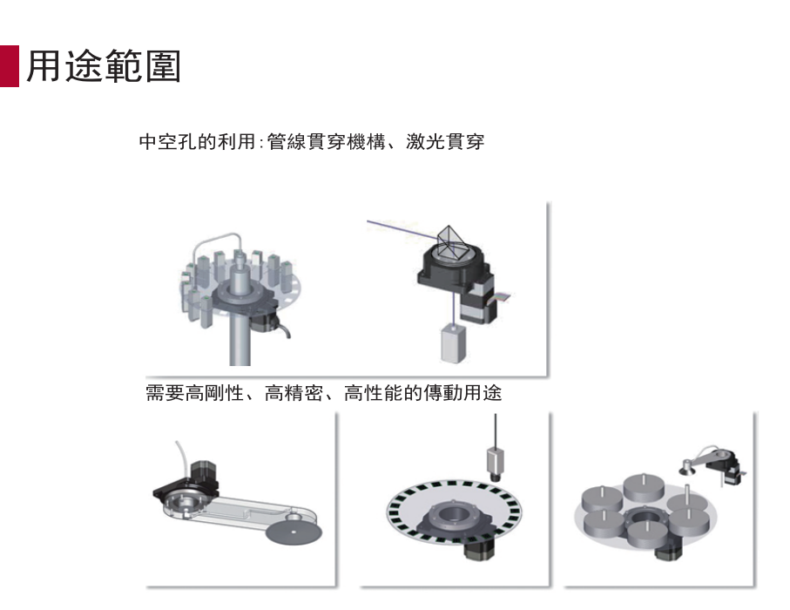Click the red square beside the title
coord(9,66)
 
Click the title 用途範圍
coord(104,66)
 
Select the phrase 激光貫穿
coord(445,142)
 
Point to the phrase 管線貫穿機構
coord(326,142)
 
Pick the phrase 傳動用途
coord(463,393)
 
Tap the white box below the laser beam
coord(452,343)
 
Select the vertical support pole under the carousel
coord(240,338)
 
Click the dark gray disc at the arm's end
coord(294,532)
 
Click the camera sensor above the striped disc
coord(496,461)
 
